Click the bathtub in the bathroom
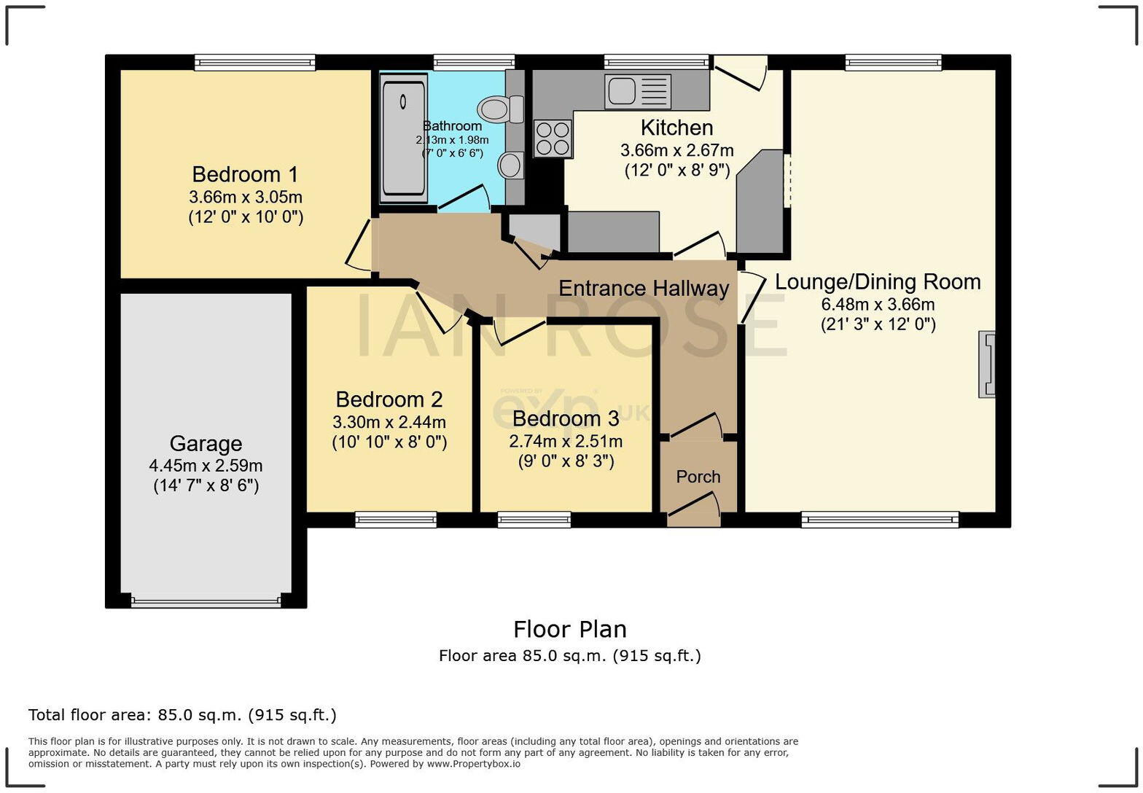point(404,138)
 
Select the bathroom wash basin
point(511,165)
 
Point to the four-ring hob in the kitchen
point(553,138)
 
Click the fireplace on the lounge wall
point(987,364)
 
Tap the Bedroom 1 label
point(245,175)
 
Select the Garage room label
point(206,444)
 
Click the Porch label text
point(698,477)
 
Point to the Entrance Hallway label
point(644,289)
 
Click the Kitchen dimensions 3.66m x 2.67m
point(676,151)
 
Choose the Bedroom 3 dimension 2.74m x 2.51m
point(566,442)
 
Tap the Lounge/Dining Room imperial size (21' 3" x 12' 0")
point(878,324)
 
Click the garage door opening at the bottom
point(206,602)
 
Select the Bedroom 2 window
point(396,520)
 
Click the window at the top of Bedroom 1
point(255,63)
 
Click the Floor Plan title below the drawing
point(569,629)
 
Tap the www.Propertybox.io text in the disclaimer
point(473,764)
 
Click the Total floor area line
point(182,715)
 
